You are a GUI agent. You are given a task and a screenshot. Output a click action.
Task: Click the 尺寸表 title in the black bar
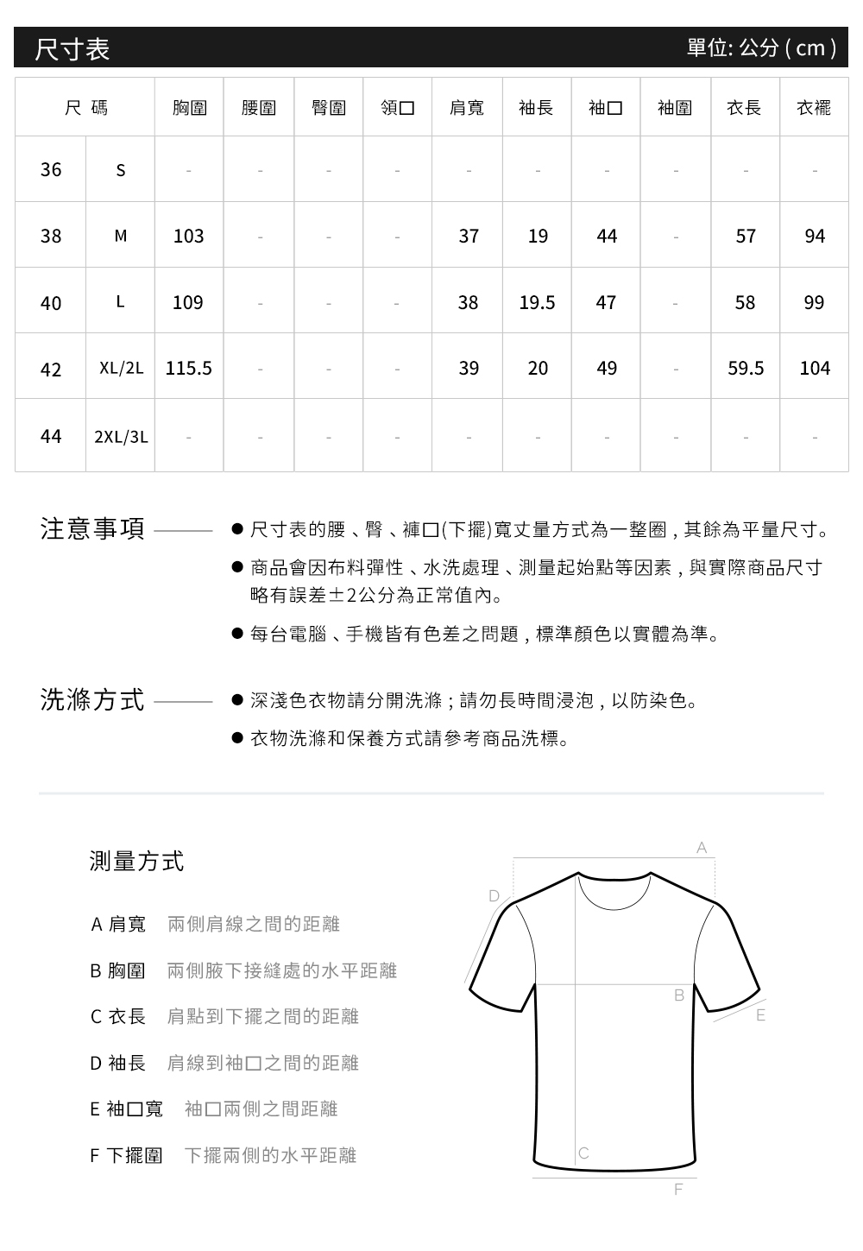click(72, 48)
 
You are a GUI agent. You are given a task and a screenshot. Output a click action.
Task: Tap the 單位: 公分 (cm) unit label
click(761, 47)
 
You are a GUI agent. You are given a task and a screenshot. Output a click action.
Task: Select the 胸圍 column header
click(189, 108)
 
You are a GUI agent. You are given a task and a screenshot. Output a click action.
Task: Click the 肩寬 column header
click(467, 108)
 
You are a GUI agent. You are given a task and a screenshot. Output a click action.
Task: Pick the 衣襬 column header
click(814, 108)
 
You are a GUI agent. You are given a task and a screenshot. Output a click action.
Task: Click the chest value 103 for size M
click(188, 236)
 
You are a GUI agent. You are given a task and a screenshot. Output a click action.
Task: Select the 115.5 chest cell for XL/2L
click(188, 369)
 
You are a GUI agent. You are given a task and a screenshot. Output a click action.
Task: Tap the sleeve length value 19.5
click(537, 302)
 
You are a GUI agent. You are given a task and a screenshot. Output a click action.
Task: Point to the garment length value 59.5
click(745, 369)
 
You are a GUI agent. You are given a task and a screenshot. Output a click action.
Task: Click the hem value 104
click(814, 369)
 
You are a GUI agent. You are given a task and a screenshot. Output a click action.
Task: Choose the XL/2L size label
click(121, 369)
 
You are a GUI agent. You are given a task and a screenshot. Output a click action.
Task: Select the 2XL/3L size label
click(121, 437)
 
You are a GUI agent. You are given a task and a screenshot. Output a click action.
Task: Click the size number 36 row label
click(51, 169)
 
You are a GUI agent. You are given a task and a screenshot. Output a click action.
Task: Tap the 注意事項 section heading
click(93, 528)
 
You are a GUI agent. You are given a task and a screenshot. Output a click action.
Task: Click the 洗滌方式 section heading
click(93, 699)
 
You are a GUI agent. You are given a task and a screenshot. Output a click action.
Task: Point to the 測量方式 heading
click(136, 861)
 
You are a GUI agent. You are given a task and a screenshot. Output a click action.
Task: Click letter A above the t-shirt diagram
click(702, 849)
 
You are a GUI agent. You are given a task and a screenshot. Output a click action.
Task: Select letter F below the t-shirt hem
click(677, 1190)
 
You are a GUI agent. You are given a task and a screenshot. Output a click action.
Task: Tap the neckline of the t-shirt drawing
click(614, 893)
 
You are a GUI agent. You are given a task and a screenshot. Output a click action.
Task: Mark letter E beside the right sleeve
click(760, 1016)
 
